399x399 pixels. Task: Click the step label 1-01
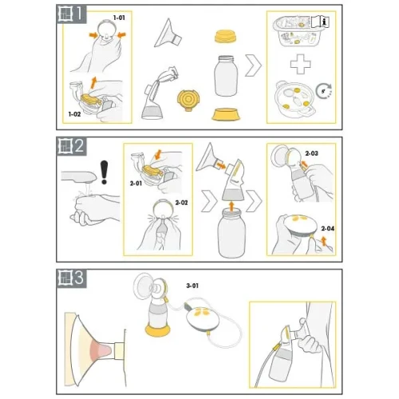click(119, 18)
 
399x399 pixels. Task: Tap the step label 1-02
click(74, 114)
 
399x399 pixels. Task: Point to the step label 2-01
click(136, 184)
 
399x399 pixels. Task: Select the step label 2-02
click(181, 203)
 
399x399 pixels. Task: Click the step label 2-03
click(311, 153)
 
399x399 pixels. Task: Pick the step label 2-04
click(327, 228)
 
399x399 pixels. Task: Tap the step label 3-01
click(192, 286)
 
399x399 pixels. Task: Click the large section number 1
click(79, 14)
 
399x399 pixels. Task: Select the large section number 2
click(79, 146)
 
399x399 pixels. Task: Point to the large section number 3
click(79, 278)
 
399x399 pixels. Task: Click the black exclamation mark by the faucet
click(104, 172)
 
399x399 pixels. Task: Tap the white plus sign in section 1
click(301, 64)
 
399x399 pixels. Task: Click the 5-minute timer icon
click(324, 91)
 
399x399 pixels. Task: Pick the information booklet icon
click(320, 22)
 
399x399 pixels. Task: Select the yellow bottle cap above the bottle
click(226, 37)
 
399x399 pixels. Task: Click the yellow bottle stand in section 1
click(226, 114)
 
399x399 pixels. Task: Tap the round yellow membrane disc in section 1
click(188, 100)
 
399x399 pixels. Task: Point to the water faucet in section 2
click(78, 176)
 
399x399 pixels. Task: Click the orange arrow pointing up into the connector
click(231, 206)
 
